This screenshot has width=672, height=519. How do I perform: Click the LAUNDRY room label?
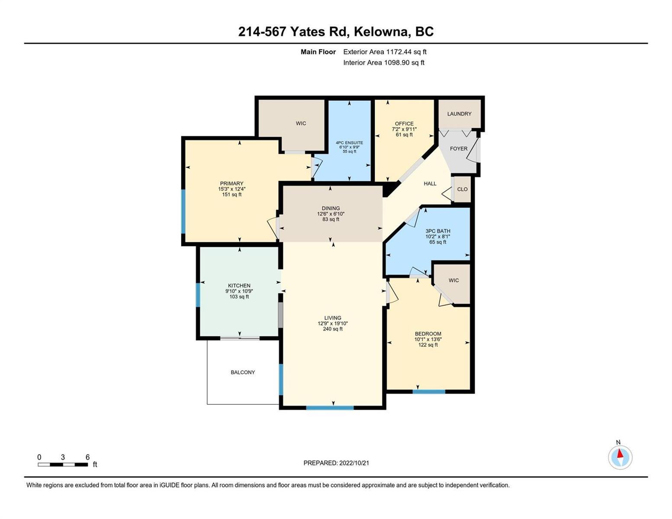459,114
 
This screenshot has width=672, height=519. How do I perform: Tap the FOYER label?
458,149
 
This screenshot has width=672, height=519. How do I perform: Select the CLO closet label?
462,189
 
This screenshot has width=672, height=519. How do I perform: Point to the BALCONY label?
243,372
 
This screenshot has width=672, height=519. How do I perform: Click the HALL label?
430,184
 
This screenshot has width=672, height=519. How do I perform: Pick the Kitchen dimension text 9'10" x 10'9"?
239,291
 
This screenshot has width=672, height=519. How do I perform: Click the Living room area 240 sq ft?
333,329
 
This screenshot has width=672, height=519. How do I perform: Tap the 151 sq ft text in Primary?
232,195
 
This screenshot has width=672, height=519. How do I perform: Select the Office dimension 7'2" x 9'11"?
404,129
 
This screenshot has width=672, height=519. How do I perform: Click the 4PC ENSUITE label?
349,143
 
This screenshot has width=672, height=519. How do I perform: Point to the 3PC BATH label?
437,231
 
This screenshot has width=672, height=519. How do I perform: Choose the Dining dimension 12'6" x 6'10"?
331,214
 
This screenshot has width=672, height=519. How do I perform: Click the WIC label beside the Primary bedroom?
301,123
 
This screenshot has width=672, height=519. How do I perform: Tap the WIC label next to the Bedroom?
453,280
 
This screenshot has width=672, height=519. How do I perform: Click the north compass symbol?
620,457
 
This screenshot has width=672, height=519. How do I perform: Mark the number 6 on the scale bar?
87,457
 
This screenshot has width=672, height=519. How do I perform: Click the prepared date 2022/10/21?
354,463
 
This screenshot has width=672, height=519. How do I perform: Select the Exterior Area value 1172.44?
397,52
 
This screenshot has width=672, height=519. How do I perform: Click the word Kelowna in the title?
380,32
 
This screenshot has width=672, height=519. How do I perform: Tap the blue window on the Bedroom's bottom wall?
429,392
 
